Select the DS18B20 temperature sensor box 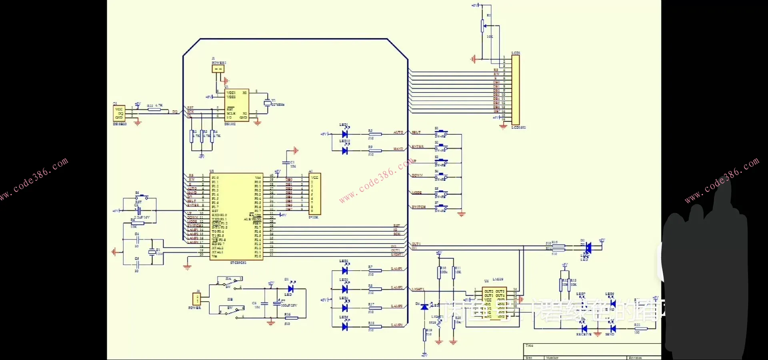pyautogui.click(x=119, y=113)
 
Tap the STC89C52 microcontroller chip pyautogui.click(x=236, y=216)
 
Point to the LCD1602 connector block pyautogui.click(x=516, y=90)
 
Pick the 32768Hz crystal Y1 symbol pyautogui.click(x=267, y=103)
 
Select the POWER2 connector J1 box pyautogui.click(x=218, y=69)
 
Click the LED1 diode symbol pyautogui.click(x=345, y=134)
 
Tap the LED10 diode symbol pyautogui.click(x=345, y=151)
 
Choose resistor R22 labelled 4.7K pyautogui.click(x=154, y=109)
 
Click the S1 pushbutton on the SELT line pyautogui.click(x=441, y=132)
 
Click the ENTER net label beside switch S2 pyautogui.click(x=418, y=147)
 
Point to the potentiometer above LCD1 pyautogui.click(x=483, y=26)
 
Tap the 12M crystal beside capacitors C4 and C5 pyautogui.click(x=152, y=252)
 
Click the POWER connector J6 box pyautogui.click(x=197, y=299)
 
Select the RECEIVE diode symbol pyautogui.click(x=584, y=329)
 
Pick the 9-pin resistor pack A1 pyautogui.click(x=315, y=194)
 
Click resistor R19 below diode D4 pyautogui.click(x=425, y=334)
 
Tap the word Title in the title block pyautogui.click(x=529, y=346)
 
